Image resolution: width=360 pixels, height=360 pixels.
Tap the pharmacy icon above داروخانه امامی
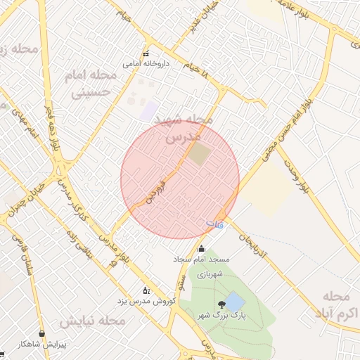coord(146,54)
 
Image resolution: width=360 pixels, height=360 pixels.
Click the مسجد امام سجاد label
coord(202,259)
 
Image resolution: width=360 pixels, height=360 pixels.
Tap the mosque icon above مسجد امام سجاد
coord(202,248)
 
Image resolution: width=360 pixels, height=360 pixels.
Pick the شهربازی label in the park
coord(210,274)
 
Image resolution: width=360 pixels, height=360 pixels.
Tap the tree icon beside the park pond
coord(222,304)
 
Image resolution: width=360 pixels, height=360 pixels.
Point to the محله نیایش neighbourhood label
coord(91,321)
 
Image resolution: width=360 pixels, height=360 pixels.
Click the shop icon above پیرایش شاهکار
coord(42,333)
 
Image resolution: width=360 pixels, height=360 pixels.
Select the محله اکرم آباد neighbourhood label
coord(338,302)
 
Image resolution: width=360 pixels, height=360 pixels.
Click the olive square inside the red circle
coord(200,154)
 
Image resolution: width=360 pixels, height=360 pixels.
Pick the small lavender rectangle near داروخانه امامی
coord(149,110)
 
